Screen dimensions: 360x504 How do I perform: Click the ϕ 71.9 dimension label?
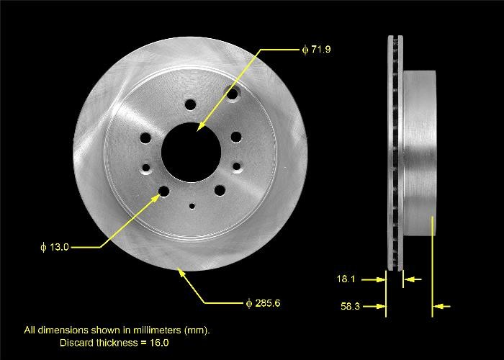(316, 50)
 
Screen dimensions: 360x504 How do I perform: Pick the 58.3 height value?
(350, 307)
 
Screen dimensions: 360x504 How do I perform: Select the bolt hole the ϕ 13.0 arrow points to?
(163, 191)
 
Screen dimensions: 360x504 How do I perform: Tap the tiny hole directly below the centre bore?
(192, 206)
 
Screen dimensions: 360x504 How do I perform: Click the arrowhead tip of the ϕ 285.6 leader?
(179, 269)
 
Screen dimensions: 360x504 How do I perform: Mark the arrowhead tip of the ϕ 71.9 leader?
(197, 130)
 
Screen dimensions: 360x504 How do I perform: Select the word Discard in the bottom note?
(74, 343)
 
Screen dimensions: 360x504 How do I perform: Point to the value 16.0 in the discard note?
(160, 343)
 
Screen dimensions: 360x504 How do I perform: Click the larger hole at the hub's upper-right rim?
(233, 94)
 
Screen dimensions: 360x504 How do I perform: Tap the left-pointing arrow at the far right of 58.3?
(444, 307)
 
